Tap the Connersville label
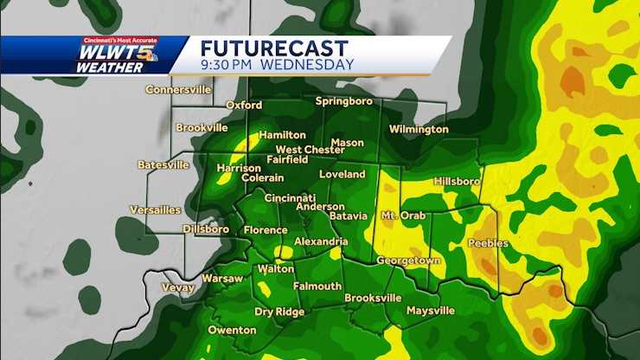(179, 89)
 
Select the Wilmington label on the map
(419, 129)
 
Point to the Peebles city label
(488, 243)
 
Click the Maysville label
(430, 310)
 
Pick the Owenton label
(232, 330)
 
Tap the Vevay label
(178, 287)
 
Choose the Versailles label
(155, 209)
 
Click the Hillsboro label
(456, 182)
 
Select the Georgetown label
(408, 260)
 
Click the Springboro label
(343, 101)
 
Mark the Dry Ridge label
(278, 312)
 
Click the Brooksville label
(373, 298)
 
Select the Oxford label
(244, 105)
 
